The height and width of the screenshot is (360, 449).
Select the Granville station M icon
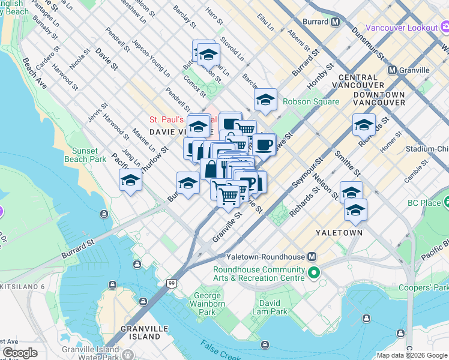(x=392, y=70)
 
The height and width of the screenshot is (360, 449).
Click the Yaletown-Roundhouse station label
(x=266, y=256)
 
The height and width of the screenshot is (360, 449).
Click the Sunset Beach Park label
(x=89, y=155)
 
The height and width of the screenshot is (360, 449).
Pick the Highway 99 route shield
(x=172, y=283)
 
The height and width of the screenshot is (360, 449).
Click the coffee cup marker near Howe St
(x=264, y=145)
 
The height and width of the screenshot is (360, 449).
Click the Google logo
(x=20, y=353)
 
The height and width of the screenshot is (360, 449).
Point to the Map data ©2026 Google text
(x=412, y=355)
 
